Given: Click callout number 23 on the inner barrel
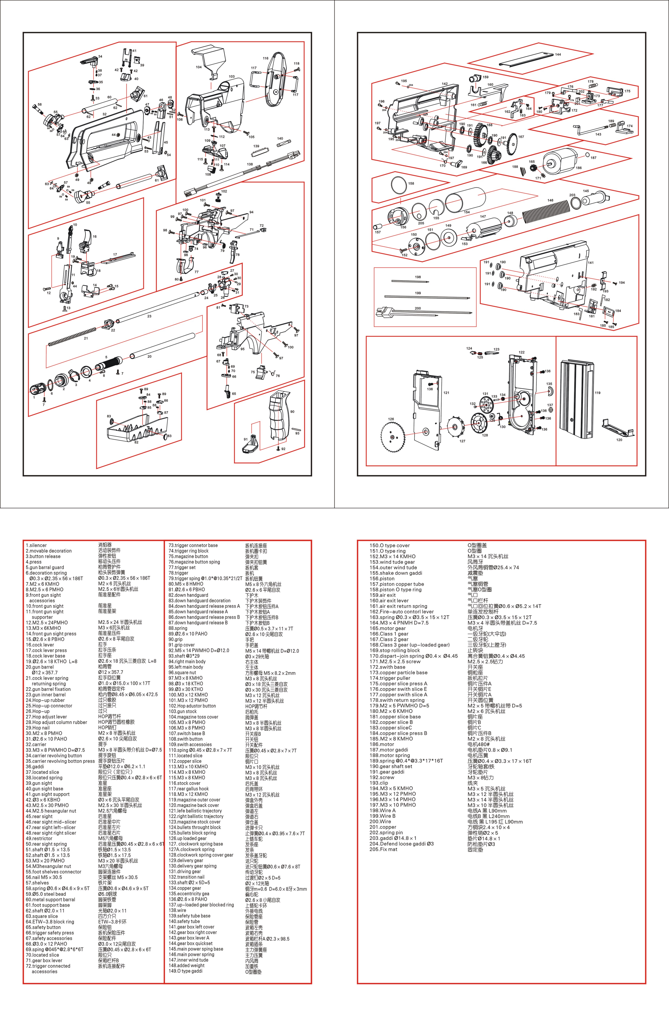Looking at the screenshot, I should (x=149, y=316).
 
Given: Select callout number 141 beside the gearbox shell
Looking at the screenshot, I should (x=591, y=263).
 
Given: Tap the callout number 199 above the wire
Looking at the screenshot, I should (x=418, y=293).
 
